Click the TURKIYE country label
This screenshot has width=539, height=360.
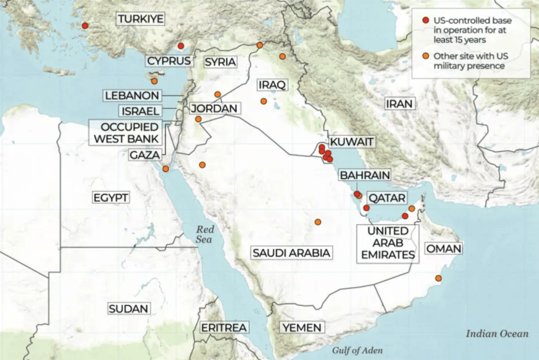(x=141, y=19)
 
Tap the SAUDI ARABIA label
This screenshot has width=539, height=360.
(x=291, y=253)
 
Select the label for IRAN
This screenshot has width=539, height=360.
(x=399, y=104)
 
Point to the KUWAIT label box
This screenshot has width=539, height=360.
(x=352, y=142)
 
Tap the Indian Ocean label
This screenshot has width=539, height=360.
(x=497, y=333)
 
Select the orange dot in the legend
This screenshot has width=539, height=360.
(x=426, y=56)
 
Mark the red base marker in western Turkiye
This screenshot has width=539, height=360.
(x=85, y=25)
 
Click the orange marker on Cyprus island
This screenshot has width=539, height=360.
(x=154, y=81)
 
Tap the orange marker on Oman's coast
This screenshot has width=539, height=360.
(x=438, y=278)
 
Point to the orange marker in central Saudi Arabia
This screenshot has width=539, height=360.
(x=318, y=222)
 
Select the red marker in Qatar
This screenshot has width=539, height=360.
(x=366, y=208)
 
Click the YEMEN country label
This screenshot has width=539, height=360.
(x=302, y=328)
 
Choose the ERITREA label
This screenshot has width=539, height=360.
(x=224, y=328)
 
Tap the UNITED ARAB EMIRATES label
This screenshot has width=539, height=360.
(x=388, y=243)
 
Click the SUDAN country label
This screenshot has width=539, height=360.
(x=129, y=309)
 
